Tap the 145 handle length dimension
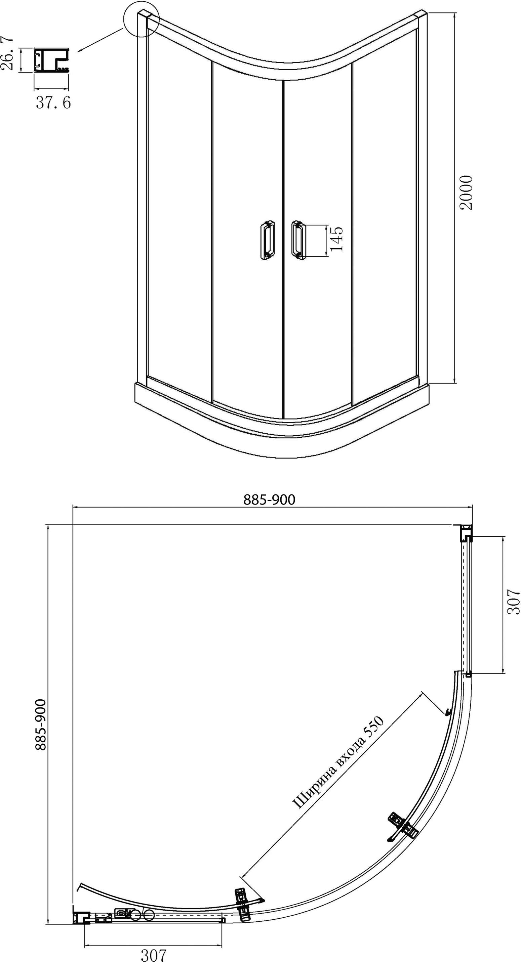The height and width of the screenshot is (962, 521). [337, 239]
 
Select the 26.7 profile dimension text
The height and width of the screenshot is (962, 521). [7, 53]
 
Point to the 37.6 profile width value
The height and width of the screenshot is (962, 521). [53, 102]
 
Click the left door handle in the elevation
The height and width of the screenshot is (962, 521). [267, 240]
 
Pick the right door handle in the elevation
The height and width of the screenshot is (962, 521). [298, 240]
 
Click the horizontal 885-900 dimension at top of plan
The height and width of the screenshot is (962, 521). [270, 500]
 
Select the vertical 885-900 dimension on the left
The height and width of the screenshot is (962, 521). [40, 725]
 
